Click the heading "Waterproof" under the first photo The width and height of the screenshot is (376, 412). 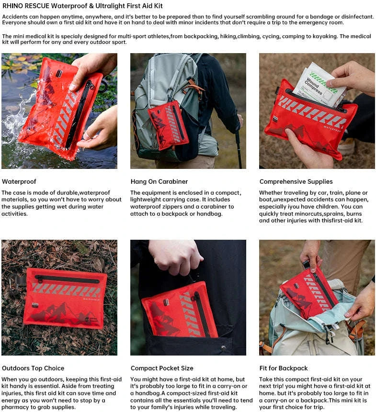pos(19,182)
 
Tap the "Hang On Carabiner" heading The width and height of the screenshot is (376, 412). pos(159,182)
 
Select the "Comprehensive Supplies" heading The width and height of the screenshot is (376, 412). pos(296,182)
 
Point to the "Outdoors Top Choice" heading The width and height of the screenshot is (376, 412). pos(33,368)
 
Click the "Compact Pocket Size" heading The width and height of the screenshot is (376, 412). pos(162,368)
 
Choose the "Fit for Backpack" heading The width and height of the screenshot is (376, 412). pos(284,368)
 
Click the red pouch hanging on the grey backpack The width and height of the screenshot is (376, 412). pos(168,124)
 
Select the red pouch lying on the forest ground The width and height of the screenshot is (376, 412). pos(65,298)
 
